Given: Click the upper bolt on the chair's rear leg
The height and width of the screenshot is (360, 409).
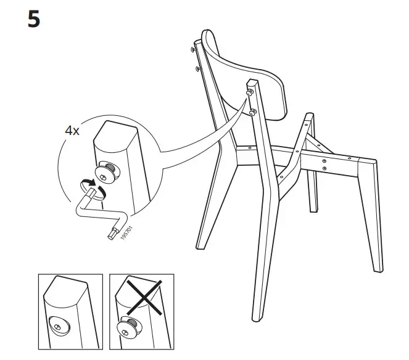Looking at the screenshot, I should [251, 92].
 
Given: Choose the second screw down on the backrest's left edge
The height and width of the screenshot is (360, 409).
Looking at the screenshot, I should [197, 68].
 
